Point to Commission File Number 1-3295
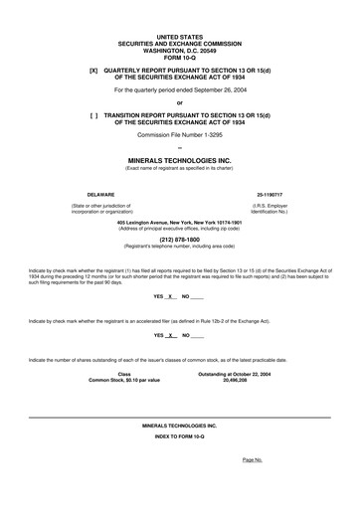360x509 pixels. pyautogui.click(x=179, y=134)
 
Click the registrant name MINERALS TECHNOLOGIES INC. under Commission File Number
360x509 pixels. pyautogui.click(x=179, y=159)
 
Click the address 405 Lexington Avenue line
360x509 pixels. pyautogui.click(x=179, y=222)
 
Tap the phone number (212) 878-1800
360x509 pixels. pyautogui.click(x=179, y=240)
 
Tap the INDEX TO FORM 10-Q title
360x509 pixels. pyautogui.click(x=179, y=437)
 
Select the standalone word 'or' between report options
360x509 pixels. pyautogui.click(x=179, y=102)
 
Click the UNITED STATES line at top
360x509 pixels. pyautogui.click(x=179, y=36)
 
